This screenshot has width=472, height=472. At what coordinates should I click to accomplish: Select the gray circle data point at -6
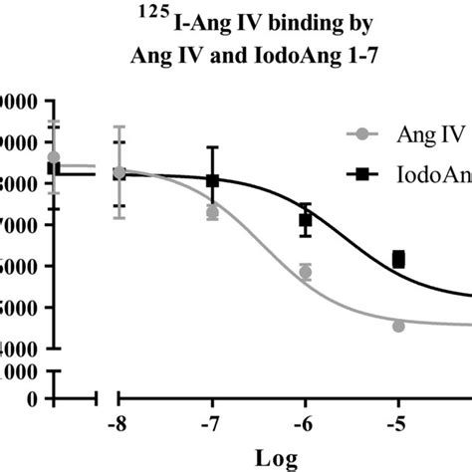point(306,272)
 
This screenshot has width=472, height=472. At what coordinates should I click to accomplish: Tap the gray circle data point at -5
point(398,326)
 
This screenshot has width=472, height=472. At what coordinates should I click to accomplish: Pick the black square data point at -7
point(212,180)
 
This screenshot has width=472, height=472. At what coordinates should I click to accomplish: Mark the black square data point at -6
point(306,220)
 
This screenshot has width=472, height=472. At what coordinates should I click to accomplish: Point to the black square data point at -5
point(398,259)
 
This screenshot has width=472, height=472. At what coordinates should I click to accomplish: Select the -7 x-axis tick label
point(212,424)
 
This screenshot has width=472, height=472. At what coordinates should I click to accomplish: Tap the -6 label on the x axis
point(305,424)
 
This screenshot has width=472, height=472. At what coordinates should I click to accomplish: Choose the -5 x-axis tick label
point(398,424)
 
